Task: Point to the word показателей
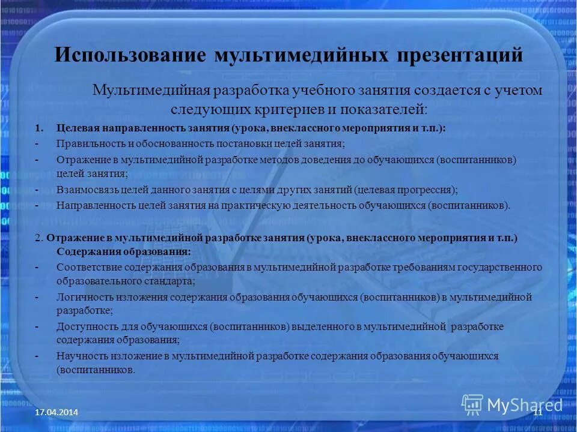pos(383,110)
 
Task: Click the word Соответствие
pos(88,267)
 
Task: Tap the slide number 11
pos(537,412)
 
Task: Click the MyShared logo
pos(512,404)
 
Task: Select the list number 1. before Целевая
pos(40,128)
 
